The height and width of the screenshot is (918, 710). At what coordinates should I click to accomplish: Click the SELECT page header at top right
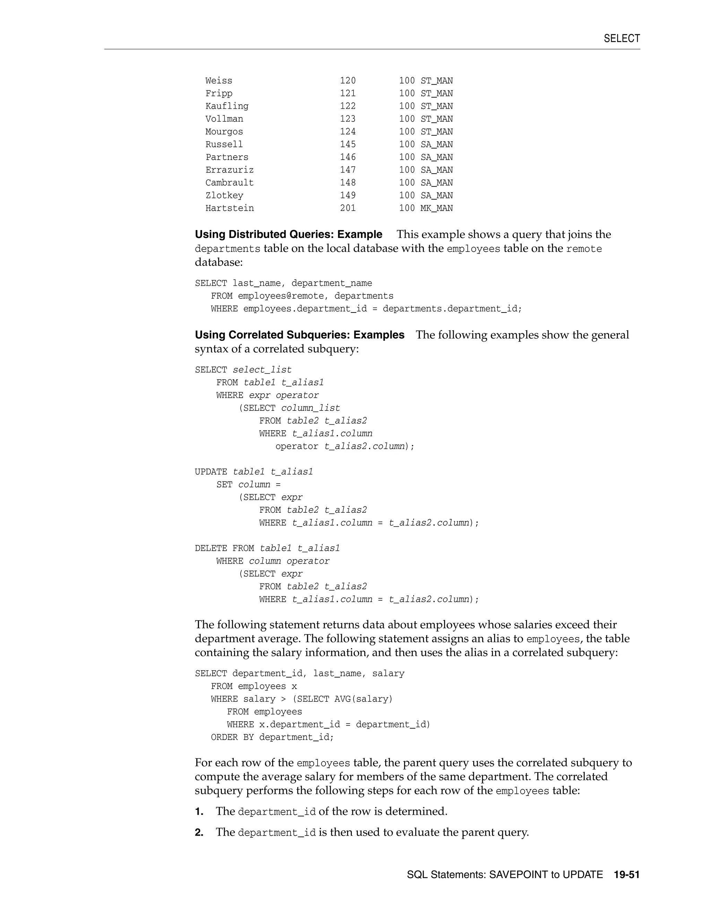coord(621,39)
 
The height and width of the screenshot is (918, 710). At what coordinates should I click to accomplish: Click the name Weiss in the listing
coord(219,81)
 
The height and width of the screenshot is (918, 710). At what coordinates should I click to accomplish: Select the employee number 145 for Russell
coord(348,144)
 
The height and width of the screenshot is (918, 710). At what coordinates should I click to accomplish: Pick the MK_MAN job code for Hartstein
coord(436,208)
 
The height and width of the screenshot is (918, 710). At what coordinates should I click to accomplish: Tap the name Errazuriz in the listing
coord(229,170)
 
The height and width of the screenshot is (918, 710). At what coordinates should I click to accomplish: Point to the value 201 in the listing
coord(348,208)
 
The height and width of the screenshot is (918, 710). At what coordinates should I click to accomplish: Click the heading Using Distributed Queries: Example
coord(288,235)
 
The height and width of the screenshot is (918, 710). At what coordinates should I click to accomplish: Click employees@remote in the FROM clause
coord(280,296)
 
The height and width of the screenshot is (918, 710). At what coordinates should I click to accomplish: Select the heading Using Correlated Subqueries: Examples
coord(300,335)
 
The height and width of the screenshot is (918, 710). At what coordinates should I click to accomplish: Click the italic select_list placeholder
coord(262,370)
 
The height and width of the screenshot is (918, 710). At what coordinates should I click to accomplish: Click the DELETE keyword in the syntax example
coord(211,548)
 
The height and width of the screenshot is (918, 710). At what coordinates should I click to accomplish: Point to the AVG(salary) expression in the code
coord(363,699)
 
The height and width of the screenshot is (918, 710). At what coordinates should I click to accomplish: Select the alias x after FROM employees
coord(294,686)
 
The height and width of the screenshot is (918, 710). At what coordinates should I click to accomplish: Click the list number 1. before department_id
coord(199,812)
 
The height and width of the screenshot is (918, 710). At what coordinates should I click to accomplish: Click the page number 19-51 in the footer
coord(626,875)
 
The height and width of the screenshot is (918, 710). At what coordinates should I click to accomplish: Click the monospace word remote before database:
coord(584,249)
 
